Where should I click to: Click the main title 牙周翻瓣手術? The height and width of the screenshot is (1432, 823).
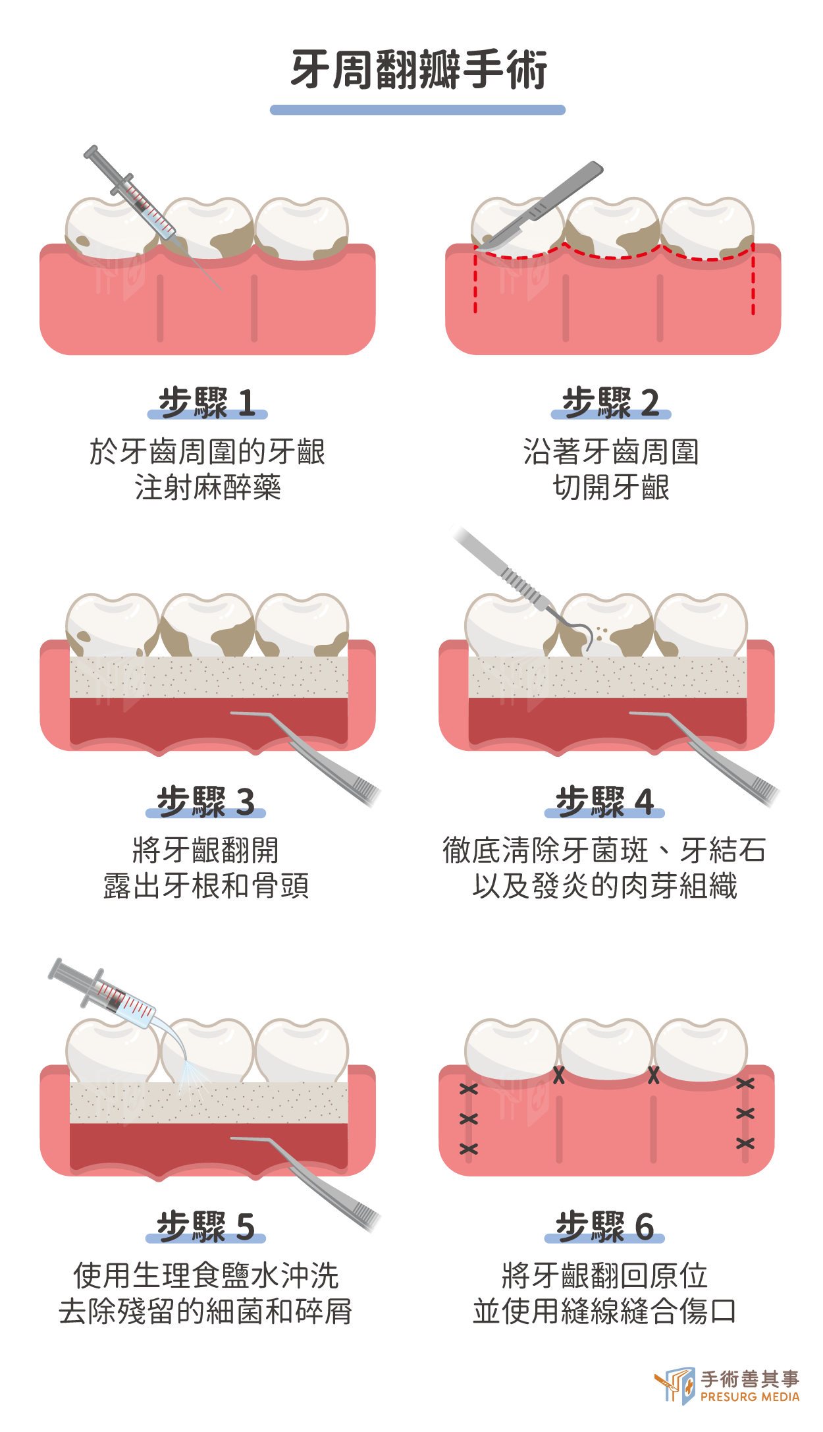coord(419,69)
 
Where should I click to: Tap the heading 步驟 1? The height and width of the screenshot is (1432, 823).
coord(207,402)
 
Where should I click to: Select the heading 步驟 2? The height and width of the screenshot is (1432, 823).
coord(610,402)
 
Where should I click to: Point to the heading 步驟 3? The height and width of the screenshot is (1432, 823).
coord(205,802)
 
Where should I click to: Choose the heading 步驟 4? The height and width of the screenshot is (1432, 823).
coord(604,802)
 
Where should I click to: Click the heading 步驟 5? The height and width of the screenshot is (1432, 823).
coord(205,1226)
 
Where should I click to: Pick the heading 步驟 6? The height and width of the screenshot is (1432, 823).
coord(604,1226)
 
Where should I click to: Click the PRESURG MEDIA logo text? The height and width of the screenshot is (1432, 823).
coord(750,1396)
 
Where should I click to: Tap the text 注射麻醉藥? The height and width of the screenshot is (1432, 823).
coord(207,487)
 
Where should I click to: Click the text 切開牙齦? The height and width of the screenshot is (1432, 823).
coord(611,487)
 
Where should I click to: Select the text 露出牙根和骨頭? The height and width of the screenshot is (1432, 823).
coord(206,886)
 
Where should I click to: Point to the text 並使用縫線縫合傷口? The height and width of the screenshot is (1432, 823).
coord(604,1311)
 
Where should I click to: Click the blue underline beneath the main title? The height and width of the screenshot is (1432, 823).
coord(417,110)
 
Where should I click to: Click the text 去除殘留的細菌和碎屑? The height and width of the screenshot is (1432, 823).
coord(205,1311)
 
